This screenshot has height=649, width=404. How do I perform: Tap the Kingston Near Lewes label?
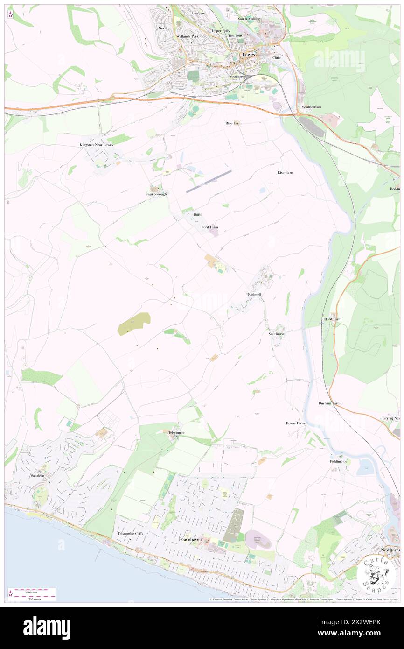click(96, 145)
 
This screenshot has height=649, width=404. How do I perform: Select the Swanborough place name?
click(155, 194)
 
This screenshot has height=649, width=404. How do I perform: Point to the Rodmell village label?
click(254, 295)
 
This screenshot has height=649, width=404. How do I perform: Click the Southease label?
click(276, 334)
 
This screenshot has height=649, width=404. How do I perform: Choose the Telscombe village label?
click(176, 433)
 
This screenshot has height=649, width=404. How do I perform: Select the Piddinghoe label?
click(339, 461)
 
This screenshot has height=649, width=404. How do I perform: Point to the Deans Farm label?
click(295, 423)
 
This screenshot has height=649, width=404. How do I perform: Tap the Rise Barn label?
click(285, 172)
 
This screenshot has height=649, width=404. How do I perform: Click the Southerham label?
click(311, 107)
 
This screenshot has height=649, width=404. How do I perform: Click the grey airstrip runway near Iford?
click(209, 181)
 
